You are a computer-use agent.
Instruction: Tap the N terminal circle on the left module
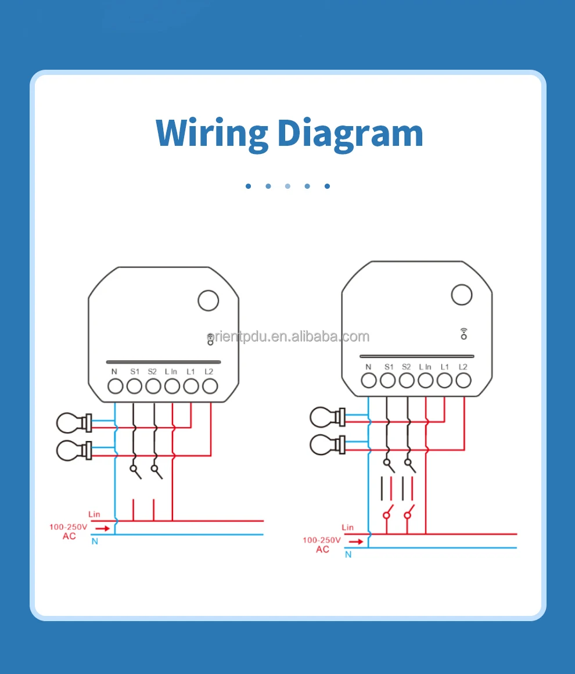pos(115,386)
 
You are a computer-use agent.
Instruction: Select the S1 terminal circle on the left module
pos(134,386)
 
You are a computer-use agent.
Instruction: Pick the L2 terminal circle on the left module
pos(210,386)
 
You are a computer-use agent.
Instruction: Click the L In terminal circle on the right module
pos(426,381)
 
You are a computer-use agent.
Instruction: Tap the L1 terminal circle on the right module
pos(444,381)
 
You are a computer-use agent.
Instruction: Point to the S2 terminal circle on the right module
pos(407,381)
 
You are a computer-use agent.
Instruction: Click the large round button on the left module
pos(209,300)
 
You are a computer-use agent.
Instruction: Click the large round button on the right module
pos(462,295)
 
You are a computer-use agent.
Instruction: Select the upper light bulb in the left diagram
pos(74,423)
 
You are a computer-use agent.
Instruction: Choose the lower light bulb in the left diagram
pos(74,450)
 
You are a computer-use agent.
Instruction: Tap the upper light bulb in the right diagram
pos(328,417)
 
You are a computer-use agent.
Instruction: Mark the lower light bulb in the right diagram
pos(328,445)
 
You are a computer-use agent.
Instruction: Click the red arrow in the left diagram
pos(102,528)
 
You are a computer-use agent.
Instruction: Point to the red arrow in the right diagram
pos(356,542)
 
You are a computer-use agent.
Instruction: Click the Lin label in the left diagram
pos(94,514)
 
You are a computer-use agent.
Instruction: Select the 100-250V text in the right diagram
pos(321,540)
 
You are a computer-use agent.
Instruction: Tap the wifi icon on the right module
pos(463,334)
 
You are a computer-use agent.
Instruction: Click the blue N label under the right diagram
pos(348,554)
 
